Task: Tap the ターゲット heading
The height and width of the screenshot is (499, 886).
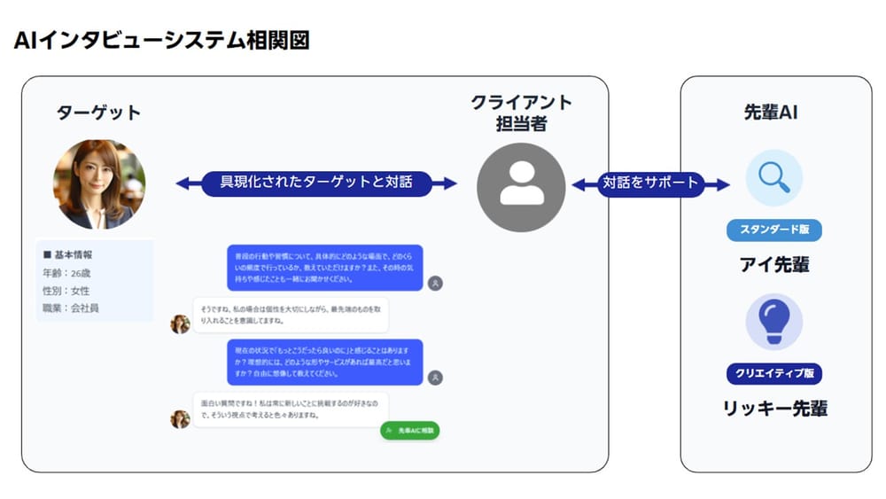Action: point(98,113)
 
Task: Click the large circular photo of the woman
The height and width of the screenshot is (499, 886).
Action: point(99,184)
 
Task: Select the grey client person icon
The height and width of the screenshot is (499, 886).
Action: point(521,187)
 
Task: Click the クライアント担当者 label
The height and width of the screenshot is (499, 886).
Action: point(521,113)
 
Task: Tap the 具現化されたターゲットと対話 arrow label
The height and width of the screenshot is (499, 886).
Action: point(316,183)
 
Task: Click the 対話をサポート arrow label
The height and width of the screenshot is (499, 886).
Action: point(651,183)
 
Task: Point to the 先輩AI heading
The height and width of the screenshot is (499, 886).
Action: point(773,113)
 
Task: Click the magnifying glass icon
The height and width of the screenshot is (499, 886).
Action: point(773,177)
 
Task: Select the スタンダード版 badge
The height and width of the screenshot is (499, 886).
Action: point(773,230)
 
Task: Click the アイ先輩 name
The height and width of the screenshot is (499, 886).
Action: point(773,264)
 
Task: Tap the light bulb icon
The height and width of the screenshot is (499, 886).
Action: point(773,321)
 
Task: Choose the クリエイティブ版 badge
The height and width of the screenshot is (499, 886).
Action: point(773,373)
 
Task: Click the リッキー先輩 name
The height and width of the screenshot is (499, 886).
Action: point(773,408)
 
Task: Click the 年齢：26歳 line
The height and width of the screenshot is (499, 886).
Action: point(67,273)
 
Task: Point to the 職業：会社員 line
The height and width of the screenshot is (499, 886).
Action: point(71,308)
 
